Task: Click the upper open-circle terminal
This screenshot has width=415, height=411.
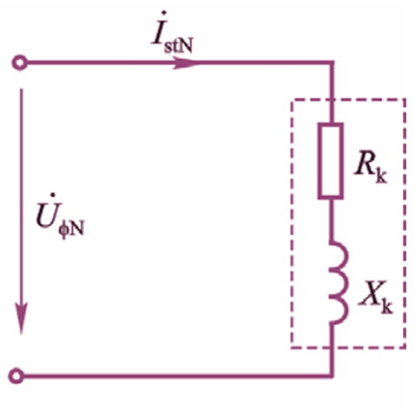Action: click(19, 63)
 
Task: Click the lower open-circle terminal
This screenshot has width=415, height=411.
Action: click(16, 376)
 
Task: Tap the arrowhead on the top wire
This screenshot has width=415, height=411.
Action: click(186, 63)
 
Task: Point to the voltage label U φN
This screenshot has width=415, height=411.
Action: click(60, 215)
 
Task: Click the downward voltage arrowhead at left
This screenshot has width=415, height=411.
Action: click(21, 318)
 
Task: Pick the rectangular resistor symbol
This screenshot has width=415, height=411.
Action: click(331, 161)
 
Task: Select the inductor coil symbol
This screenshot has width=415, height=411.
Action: click(339, 282)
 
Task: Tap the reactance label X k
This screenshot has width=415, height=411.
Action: click(376, 297)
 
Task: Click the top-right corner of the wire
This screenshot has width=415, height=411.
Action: click(332, 63)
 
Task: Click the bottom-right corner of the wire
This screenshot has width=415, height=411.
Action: click(332, 376)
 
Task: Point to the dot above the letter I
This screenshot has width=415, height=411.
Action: click(164, 13)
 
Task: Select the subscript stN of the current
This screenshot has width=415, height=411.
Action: click(179, 46)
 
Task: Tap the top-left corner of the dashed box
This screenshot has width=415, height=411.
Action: click(292, 100)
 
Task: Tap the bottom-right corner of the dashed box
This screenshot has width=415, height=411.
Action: click(405, 347)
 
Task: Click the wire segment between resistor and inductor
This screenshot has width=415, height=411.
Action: click(332, 220)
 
